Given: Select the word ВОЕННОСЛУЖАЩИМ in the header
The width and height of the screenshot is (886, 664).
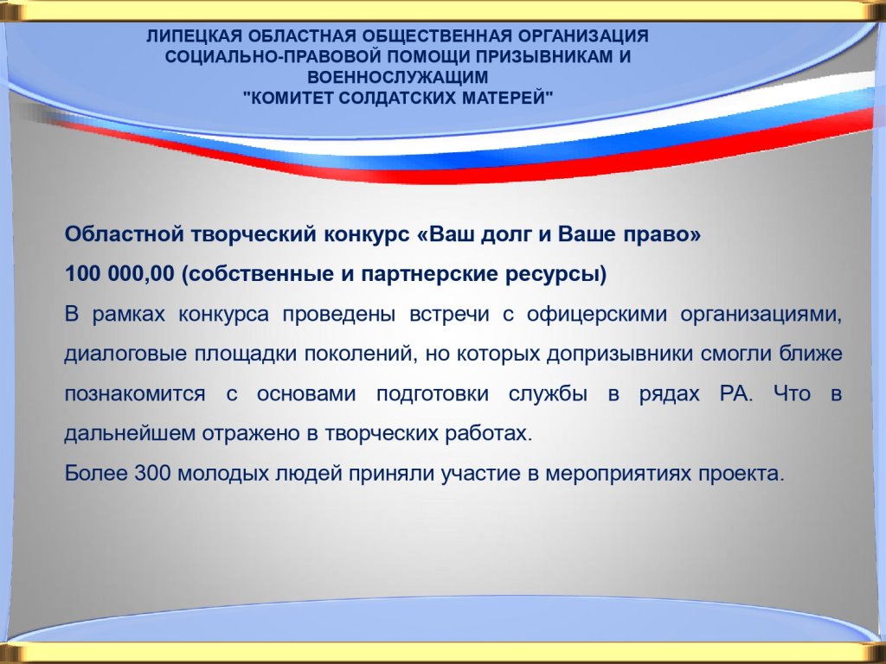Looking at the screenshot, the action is pyautogui.click(x=397, y=77).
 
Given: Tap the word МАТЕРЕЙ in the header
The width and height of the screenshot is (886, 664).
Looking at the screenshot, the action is pyautogui.click(x=507, y=98).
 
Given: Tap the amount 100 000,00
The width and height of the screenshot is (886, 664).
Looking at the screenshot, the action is pyautogui.click(x=119, y=274).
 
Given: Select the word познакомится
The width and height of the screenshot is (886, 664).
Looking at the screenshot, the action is pyautogui.click(x=135, y=393).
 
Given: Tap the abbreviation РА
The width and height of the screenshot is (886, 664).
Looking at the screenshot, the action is pyautogui.click(x=736, y=393).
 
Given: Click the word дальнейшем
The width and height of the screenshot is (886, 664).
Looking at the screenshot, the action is pyautogui.click(x=129, y=433).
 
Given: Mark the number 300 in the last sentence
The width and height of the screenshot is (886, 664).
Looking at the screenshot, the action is pyautogui.click(x=152, y=473).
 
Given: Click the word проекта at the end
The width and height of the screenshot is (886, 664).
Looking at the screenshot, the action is pyautogui.click(x=742, y=473).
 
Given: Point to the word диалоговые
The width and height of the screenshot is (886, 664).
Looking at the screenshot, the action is pyautogui.click(x=125, y=354).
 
